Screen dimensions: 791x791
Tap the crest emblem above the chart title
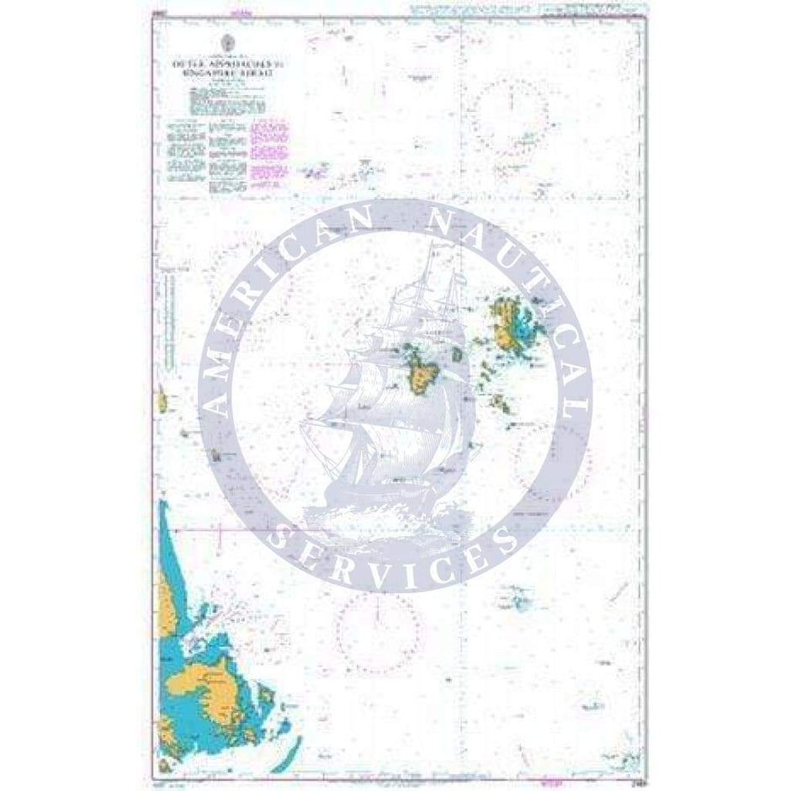(x=229, y=42)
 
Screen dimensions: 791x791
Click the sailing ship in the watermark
(x=395, y=395)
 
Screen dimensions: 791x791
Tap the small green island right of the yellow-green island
(x=457, y=355)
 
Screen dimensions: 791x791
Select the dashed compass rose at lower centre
(x=378, y=627)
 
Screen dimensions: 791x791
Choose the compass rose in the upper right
(x=510, y=118)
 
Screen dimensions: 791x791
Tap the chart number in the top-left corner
(x=157, y=14)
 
